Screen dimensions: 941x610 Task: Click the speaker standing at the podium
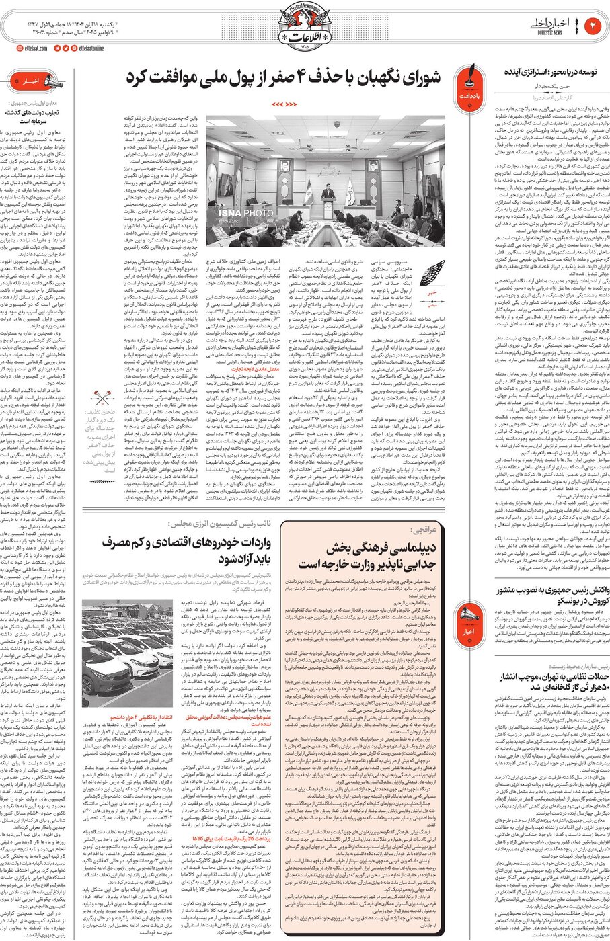click(x=328, y=195)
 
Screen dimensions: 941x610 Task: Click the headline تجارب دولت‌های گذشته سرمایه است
click(x=32, y=117)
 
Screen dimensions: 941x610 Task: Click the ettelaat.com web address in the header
click(x=32, y=48)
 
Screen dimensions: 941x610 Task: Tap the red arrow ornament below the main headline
click(x=284, y=105)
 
